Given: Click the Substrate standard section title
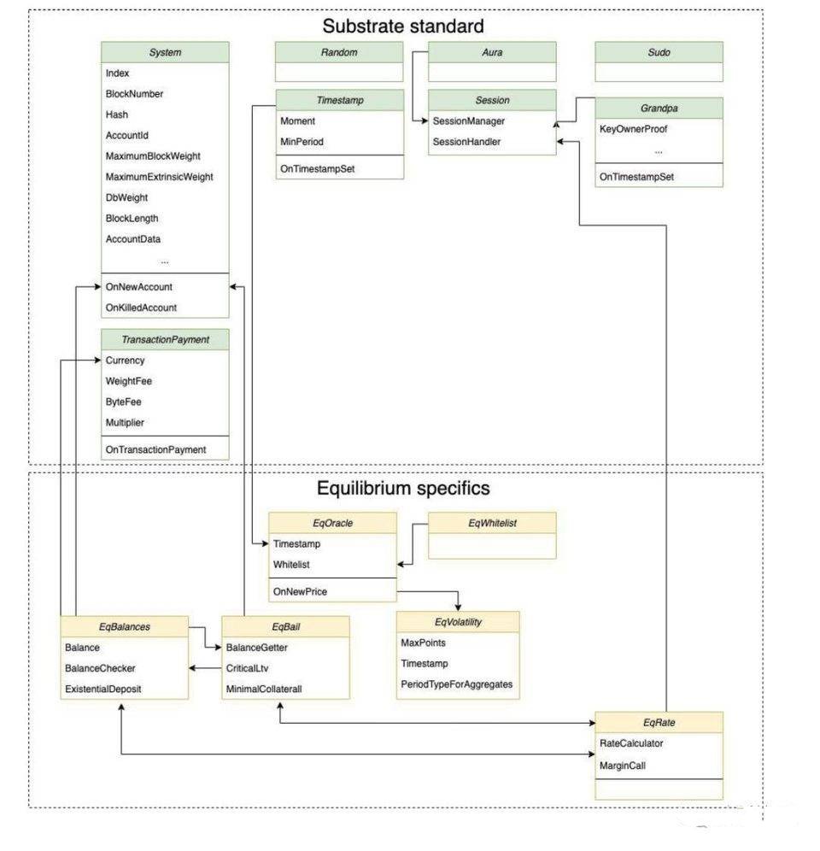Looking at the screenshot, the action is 402,26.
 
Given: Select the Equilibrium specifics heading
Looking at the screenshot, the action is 403,489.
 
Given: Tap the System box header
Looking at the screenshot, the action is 165,52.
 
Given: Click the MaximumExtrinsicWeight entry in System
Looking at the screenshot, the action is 159,177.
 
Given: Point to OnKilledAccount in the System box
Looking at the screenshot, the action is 141,308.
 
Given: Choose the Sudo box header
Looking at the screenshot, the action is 659,52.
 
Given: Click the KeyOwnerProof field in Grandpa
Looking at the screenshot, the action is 633,129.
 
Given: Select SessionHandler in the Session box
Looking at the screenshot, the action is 466,142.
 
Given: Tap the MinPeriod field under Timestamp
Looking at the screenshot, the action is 302,142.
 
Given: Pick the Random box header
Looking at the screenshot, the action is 339,52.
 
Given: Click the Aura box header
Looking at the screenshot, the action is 492,52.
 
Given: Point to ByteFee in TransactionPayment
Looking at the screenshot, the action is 123,402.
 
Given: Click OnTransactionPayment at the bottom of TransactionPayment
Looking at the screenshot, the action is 155,450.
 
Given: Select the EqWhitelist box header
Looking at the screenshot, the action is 492,523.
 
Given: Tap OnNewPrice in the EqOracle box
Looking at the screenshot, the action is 300,591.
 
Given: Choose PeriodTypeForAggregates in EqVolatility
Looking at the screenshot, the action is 456,684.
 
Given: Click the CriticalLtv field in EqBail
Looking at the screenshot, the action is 247,669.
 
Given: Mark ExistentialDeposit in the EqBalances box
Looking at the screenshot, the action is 103,690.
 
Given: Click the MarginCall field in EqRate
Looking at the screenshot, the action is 623,766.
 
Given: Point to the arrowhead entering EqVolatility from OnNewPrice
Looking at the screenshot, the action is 458,607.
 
